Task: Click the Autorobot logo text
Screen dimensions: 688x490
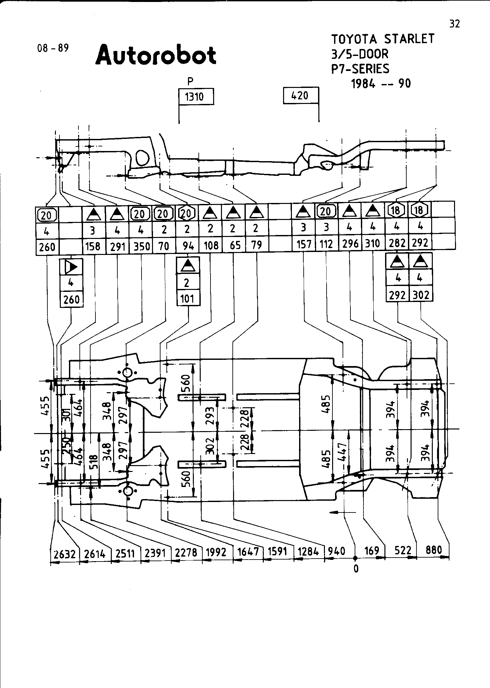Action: coord(156,55)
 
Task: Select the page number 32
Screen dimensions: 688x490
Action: coord(454,24)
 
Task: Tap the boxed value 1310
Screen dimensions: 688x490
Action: coord(194,97)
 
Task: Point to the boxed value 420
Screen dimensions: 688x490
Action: coord(300,95)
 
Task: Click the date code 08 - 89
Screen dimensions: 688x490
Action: coord(53,48)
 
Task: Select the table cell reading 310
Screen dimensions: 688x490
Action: coord(372,243)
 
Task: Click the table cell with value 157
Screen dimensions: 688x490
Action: coord(304,244)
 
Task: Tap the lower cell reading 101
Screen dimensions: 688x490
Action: coord(187,299)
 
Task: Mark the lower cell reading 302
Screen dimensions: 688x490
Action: coord(421,295)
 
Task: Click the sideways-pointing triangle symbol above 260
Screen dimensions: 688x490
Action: coord(71,267)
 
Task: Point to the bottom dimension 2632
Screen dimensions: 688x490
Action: coord(65,554)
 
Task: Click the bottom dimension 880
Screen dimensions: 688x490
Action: coord(434,550)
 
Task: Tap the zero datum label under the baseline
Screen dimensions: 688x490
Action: coord(356,569)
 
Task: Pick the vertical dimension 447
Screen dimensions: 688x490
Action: coord(342,452)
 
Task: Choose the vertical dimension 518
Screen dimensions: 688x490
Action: coord(94,462)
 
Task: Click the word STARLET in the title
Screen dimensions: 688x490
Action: coord(409,39)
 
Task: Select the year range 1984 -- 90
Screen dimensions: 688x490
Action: coord(381,84)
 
